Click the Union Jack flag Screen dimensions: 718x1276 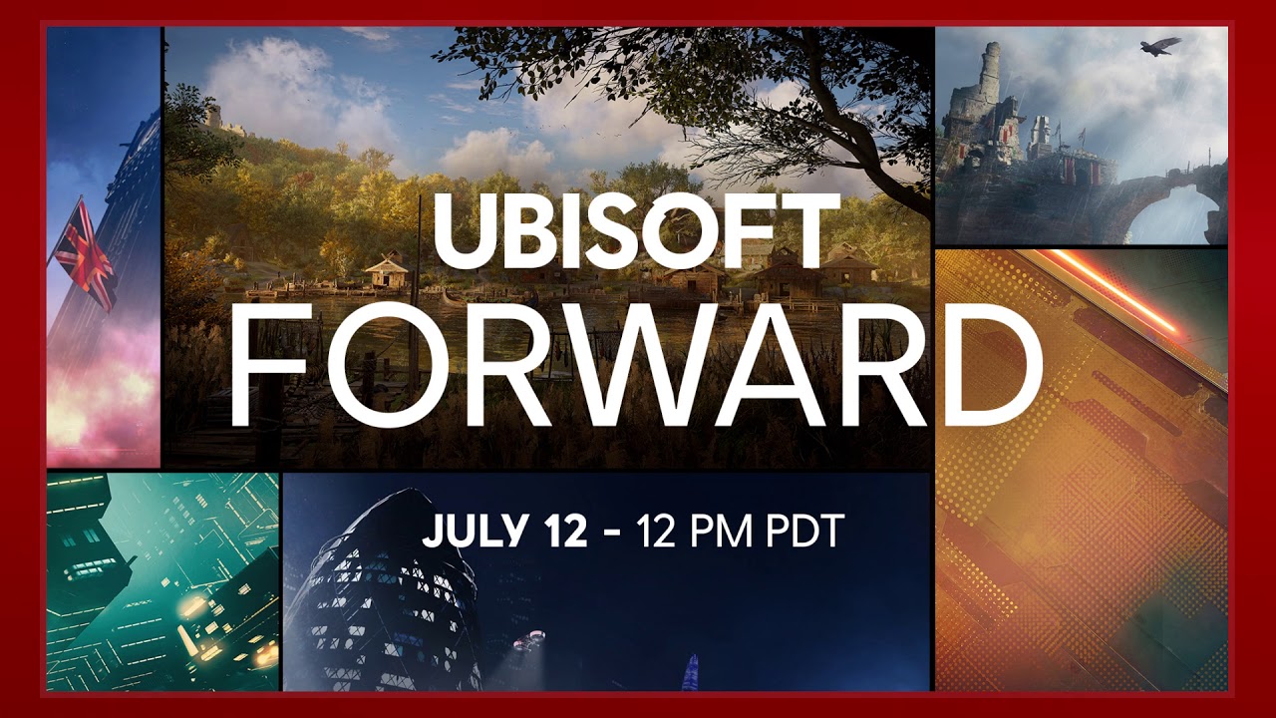(85, 254)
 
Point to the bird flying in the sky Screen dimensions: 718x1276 (1160, 46)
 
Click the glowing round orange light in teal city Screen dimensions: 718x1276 (190, 607)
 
